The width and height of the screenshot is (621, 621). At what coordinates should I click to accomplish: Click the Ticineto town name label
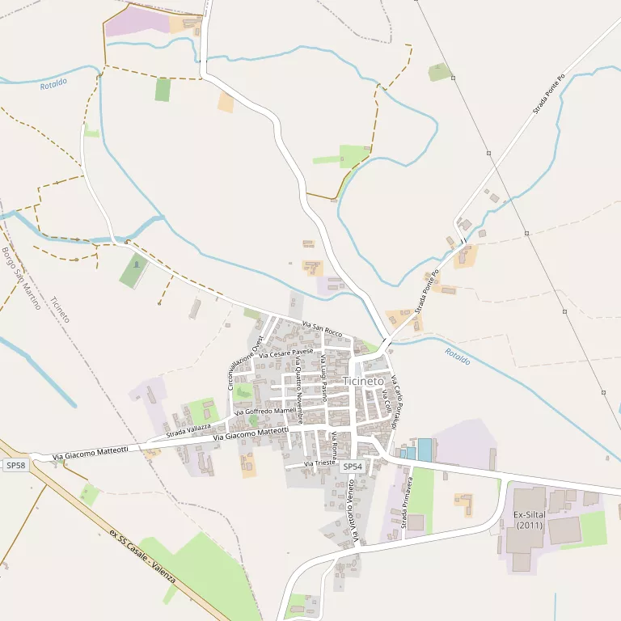pyautogui.click(x=363, y=381)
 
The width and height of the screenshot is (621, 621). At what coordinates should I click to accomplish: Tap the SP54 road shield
pyautogui.click(x=352, y=467)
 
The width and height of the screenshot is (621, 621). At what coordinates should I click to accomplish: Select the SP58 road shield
pyautogui.click(x=15, y=466)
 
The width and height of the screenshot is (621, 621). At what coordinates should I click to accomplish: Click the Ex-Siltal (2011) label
pyautogui.click(x=530, y=520)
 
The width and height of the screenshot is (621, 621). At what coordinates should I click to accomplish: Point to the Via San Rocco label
pyautogui.click(x=322, y=329)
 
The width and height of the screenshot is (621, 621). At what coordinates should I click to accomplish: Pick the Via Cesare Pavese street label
pyautogui.click(x=285, y=353)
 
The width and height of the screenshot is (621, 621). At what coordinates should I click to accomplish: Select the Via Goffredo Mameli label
pyautogui.click(x=265, y=412)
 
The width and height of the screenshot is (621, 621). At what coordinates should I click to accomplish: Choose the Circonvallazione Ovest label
pyautogui.click(x=246, y=363)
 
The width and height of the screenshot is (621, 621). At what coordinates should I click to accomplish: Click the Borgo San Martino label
pyautogui.click(x=21, y=279)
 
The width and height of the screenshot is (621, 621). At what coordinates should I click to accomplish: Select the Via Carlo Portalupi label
pyautogui.click(x=395, y=402)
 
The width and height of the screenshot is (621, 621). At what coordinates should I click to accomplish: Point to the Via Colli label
pyautogui.click(x=387, y=401)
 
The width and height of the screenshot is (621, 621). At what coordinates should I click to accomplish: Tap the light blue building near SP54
pyautogui.click(x=425, y=450)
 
